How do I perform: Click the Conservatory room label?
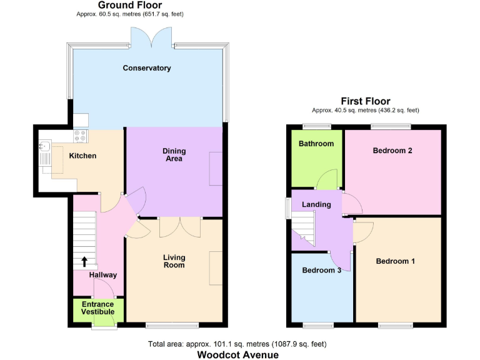[x=147, y=68]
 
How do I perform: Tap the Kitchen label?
[x=82, y=156]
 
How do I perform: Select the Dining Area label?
[x=174, y=155]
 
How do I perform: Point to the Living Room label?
[x=174, y=261]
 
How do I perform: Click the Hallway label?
[x=102, y=275]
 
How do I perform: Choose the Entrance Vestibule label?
[x=98, y=308]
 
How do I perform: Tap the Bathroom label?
[x=316, y=144]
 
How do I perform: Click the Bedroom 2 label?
[x=392, y=151]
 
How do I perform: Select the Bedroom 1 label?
[x=395, y=261]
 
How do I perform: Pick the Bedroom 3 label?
[x=322, y=271]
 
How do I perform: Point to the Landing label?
[x=316, y=205]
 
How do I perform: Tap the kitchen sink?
[x=44, y=147]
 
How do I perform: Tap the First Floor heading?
[x=365, y=101]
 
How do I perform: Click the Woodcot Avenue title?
[x=238, y=354]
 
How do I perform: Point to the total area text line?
[x=237, y=344]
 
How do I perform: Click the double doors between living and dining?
[x=180, y=226]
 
